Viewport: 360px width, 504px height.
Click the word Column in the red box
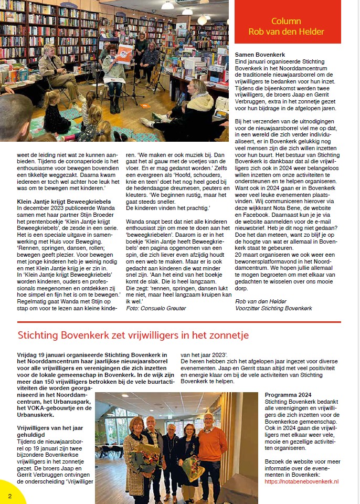[x=286, y=22]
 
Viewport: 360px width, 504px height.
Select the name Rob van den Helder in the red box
[x=286, y=31]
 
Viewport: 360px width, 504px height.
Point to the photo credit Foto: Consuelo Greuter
[x=156, y=308]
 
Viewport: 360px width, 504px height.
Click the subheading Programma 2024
[x=288, y=395]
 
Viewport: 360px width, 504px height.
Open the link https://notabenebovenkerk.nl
[x=301, y=481]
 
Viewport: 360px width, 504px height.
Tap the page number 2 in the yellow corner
[x=10, y=495]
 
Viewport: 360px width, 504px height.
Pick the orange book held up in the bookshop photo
[x=124, y=53]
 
